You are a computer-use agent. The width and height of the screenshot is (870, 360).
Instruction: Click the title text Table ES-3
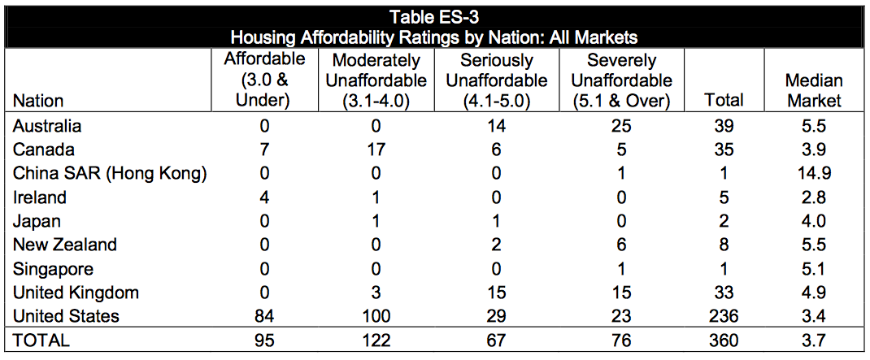pyautogui.click(x=434, y=16)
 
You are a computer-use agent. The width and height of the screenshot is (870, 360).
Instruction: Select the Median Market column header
pyautogui.click(x=814, y=90)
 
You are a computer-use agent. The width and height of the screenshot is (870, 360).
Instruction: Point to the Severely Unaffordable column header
pyautogui.click(x=621, y=80)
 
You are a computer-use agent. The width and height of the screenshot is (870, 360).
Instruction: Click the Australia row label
pyautogui.click(x=48, y=127)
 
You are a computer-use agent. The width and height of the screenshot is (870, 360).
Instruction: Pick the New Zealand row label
pyautogui.click(x=65, y=245)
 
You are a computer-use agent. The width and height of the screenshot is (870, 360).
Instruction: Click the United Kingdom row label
pyautogui.click(x=76, y=293)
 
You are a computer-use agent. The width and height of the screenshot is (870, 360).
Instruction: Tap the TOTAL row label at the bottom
pyautogui.click(x=42, y=340)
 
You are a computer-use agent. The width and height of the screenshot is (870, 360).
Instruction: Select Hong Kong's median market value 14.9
pyautogui.click(x=814, y=174)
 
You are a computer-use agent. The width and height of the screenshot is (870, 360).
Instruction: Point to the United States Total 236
pyautogui.click(x=724, y=316)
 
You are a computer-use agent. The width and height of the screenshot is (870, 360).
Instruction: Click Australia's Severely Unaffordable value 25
pyautogui.click(x=621, y=127)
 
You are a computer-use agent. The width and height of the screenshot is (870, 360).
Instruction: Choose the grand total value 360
pyautogui.click(x=724, y=340)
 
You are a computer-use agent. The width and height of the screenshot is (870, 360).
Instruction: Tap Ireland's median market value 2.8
pyautogui.click(x=814, y=197)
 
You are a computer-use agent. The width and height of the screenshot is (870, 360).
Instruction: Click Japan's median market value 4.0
pyautogui.click(x=814, y=221)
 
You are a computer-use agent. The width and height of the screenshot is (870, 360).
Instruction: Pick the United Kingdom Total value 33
pyautogui.click(x=724, y=293)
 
